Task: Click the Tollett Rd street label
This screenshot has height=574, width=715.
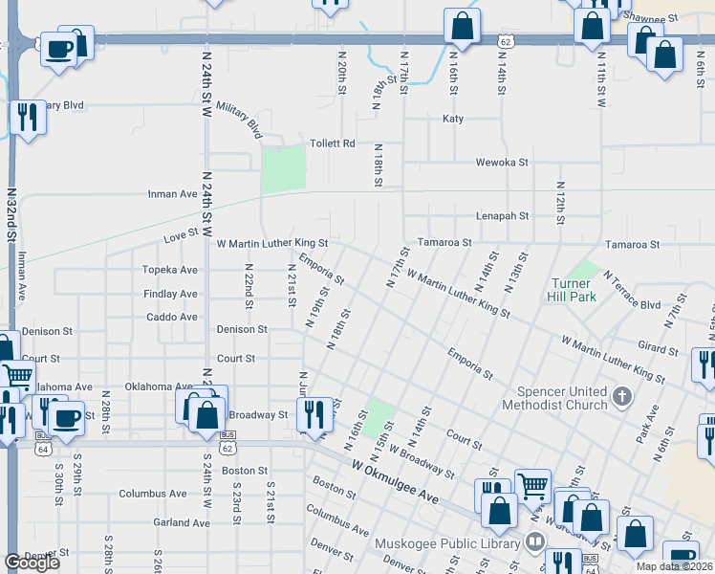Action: click(332, 143)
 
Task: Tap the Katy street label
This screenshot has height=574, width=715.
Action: click(452, 119)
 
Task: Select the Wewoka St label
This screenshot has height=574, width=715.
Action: click(502, 163)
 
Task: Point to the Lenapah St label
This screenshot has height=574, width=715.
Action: click(502, 216)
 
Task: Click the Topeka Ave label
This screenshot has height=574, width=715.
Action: click(169, 270)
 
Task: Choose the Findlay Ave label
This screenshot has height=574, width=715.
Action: click(170, 294)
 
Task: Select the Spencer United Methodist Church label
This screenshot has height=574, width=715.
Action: click(561, 398)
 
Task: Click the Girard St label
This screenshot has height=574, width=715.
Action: click(658, 351)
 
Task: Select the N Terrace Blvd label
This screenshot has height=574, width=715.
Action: click(632, 291)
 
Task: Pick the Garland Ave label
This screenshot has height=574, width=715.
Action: click(181, 523)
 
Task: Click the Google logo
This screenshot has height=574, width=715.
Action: click(32, 563)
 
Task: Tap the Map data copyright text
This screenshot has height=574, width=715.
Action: click(674, 566)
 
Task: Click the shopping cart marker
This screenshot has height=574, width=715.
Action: click(532, 486)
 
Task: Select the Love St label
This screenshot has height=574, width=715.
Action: click(180, 232)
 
